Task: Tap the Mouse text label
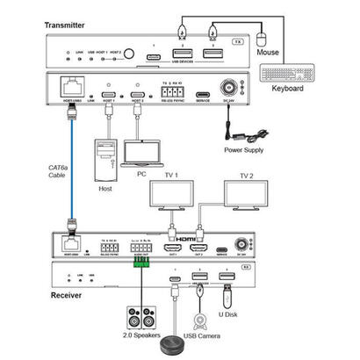(268, 52)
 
